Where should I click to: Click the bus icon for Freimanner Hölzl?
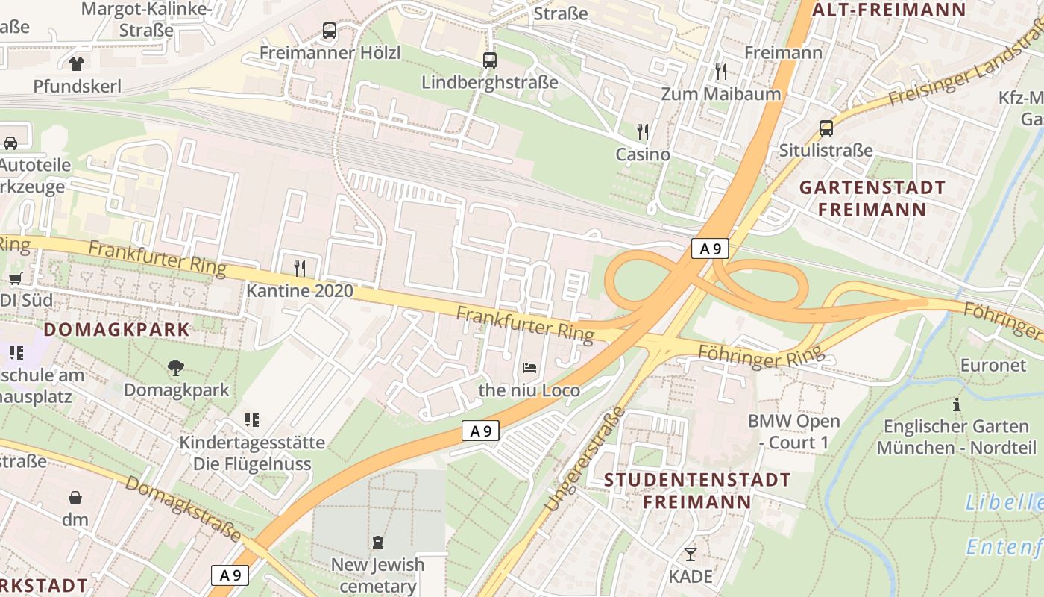click(330, 31)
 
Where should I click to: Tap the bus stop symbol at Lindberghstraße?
click(490, 60)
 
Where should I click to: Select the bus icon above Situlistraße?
click(826, 128)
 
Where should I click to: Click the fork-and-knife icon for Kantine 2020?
click(300, 268)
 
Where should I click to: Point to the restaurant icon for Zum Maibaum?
click(721, 72)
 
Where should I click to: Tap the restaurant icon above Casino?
click(643, 132)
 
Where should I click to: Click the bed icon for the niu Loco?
click(529, 368)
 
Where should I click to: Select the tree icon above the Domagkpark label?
click(176, 367)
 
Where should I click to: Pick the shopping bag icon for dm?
click(75, 497)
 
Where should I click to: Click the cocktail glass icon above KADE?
click(691, 554)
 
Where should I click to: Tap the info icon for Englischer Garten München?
click(957, 404)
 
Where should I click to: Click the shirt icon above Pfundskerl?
click(77, 64)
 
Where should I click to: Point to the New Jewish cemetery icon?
click(378, 543)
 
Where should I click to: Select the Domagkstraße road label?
click(183, 507)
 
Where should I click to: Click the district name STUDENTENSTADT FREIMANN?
click(697, 490)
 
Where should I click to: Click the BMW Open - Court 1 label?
click(793, 431)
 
